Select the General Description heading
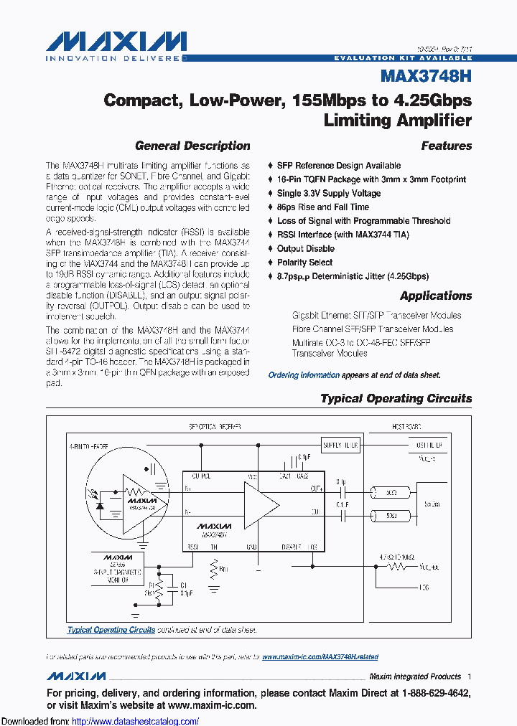tap(192, 146)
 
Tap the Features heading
tap(447, 146)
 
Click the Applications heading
tap(436, 296)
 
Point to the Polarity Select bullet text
tap(305, 263)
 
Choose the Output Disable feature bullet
tap(306, 249)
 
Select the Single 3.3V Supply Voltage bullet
tap(329, 194)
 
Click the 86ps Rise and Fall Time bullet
tap(323, 207)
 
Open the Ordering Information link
tap(304, 375)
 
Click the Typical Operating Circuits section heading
tap(396, 398)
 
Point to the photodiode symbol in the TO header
tap(99, 505)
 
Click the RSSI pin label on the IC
tap(193, 547)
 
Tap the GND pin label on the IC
tap(251, 547)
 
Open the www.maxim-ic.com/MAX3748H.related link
tap(320, 657)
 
